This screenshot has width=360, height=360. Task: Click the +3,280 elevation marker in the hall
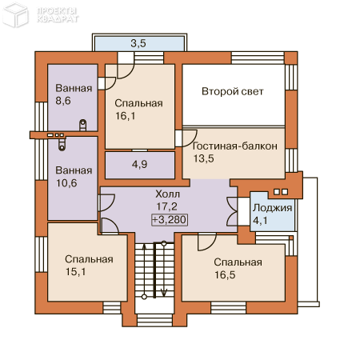(x=170, y=220)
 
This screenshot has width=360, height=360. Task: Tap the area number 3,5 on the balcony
(x=138, y=43)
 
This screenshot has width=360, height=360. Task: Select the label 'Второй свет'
(x=233, y=91)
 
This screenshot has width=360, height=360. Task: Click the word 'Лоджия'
(x=272, y=208)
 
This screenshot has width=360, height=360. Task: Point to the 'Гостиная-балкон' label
(x=235, y=146)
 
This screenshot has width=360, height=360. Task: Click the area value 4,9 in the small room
(x=139, y=164)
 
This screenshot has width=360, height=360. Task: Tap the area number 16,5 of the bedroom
(x=225, y=275)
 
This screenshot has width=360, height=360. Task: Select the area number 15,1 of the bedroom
(x=76, y=272)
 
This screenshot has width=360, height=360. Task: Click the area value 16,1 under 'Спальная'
(x=126, y=116)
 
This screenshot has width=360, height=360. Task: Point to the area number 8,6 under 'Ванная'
(x=63, y=101)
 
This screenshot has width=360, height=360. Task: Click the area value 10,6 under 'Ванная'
(x=66, y=183)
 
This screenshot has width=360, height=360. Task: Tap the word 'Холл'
(x=168, y=194)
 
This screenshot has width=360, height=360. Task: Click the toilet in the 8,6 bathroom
(x=83, y=125)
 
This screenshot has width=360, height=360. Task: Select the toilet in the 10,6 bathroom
(x=62, y=145)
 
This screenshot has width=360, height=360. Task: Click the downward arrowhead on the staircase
(x=164, y=293)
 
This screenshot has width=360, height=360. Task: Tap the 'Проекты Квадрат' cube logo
(x=15, y=15)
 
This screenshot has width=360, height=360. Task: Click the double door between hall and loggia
(x=232, y=212)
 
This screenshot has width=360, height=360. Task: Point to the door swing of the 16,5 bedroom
(x=206, y=242)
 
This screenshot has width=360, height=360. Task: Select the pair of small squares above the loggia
(x=281, y=192)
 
